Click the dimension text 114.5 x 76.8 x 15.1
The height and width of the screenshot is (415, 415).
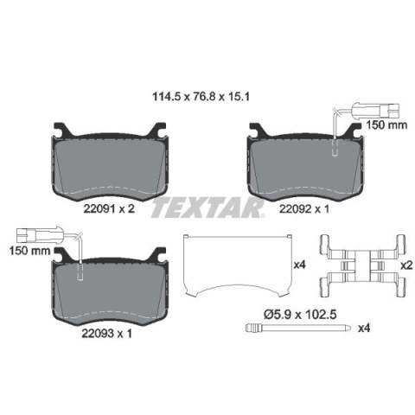(201, 97)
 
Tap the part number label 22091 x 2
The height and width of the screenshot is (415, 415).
(109, 208)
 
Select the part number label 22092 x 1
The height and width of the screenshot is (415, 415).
(303, 209)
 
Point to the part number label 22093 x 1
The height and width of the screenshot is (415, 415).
(106, 334)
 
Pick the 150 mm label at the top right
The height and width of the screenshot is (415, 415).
(386, 125)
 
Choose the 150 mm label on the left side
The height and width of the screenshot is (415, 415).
(29, 251)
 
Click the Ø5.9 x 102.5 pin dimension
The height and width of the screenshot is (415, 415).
(300, 315)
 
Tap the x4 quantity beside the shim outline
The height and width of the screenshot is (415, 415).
(299, 265)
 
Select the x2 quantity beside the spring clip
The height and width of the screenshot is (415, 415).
(406, 265)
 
